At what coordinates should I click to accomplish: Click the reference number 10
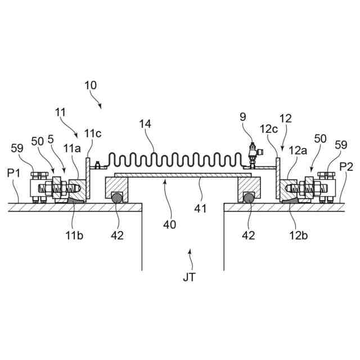(x=90, y=85)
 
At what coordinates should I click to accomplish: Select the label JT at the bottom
(x=189, y=277)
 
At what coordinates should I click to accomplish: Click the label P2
(x=346, y=166)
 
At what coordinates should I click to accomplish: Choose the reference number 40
(x=169, y=224)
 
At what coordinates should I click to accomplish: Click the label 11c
(x=93, y=133)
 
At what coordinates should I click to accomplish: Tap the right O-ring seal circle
(x=248, y=197)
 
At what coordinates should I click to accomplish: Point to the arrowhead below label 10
(x=100, y=106)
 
